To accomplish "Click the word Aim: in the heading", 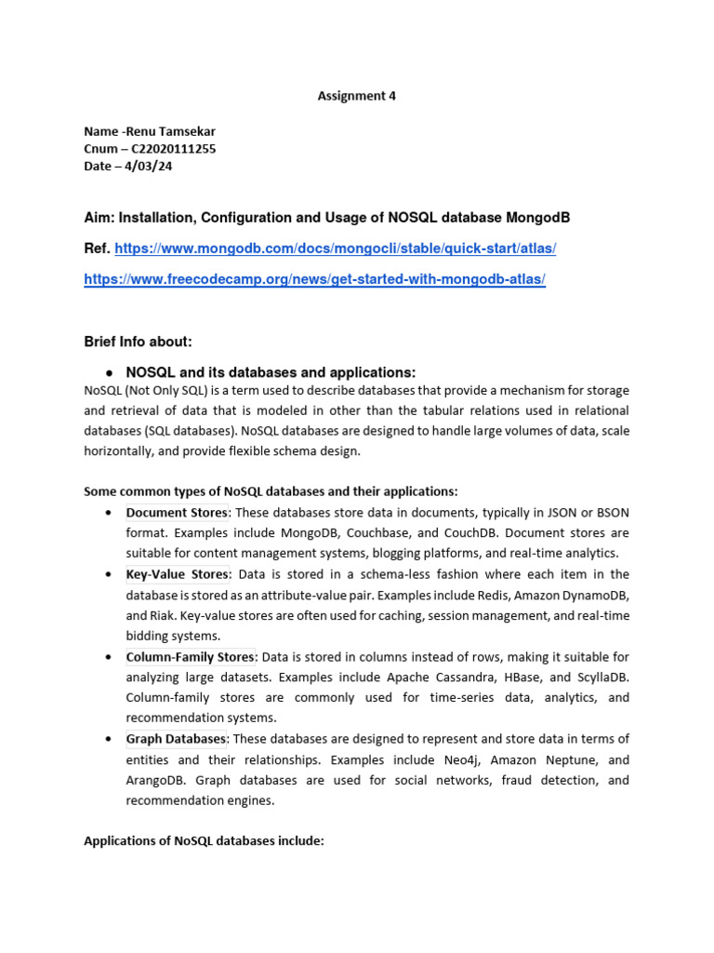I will point(99,217).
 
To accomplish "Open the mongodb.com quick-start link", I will point(336,248).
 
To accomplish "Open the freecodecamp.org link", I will point(314,279).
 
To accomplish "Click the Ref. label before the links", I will point(98,248).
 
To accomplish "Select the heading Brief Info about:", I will point(138,342).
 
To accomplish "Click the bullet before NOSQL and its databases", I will point(109,372).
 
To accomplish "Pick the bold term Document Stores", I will point(177,513).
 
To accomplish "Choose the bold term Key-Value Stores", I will point(178,574).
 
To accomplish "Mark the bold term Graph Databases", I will point(177,739).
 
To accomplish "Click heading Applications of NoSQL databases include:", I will point(204,841).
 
